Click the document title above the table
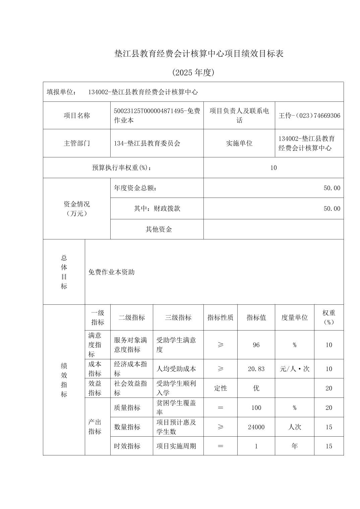[199, 54]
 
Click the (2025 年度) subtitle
[193, 73]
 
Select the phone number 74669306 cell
[309, 116]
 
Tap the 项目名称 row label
[77, 116]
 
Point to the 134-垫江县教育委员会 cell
[147, 143]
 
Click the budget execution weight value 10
[274, 168]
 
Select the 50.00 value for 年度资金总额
[332, 188]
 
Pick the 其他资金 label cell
[159, 229]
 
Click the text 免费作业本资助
[111, 272]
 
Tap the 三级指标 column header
[178, 317]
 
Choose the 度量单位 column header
[294, 317]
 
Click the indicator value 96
[256, 345]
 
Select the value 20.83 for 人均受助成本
[256, 369]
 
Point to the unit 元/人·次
[294, 369]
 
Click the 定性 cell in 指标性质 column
[220, 388]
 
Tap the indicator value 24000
[256, 427]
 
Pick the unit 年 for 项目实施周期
[294, 446]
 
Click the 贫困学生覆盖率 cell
[176, 408]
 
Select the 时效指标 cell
[127, 446]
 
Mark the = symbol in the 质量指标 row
[220, 408]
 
